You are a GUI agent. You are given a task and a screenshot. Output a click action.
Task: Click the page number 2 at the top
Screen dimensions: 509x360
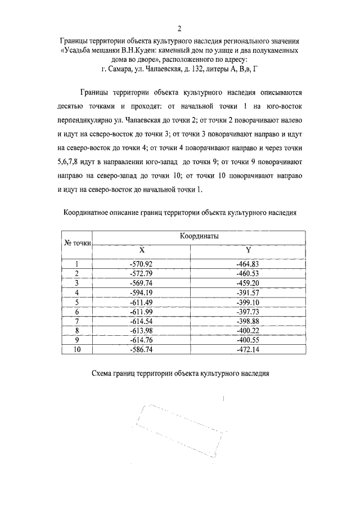pos(179,29)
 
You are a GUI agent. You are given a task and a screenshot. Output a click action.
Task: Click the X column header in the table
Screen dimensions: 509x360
pos(142,250)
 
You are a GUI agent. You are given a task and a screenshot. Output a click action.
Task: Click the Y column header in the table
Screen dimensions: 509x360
pos(248,250)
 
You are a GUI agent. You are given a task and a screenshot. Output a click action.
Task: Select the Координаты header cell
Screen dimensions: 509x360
pos(199,237)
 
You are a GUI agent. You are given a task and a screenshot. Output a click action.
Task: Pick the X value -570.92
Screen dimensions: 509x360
pos(142,263)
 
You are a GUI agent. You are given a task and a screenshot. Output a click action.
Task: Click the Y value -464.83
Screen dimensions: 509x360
pos(248,263)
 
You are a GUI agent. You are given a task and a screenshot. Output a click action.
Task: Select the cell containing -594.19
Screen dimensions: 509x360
pos(142,292)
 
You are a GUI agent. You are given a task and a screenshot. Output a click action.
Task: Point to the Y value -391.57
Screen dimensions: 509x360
pos(248,292)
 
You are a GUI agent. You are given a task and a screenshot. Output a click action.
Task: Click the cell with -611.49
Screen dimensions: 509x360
pos(142,301)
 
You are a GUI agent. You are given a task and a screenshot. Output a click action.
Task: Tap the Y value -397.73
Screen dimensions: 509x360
pos(248,311)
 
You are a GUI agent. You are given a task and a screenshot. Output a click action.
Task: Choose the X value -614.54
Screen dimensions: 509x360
pos(142,321)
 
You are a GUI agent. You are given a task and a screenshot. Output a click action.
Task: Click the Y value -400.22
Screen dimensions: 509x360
pos(248,330)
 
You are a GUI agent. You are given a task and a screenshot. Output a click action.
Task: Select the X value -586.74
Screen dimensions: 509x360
pos(142,349)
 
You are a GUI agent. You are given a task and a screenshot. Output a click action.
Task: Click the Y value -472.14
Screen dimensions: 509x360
pos(248,349)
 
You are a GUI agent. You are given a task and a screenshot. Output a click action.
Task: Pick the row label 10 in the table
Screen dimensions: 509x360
pos(78,349)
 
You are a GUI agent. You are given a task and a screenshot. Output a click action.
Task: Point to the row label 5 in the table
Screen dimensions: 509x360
pos(78,301)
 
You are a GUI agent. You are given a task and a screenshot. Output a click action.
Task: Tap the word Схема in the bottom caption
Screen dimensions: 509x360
pos(103,373)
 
